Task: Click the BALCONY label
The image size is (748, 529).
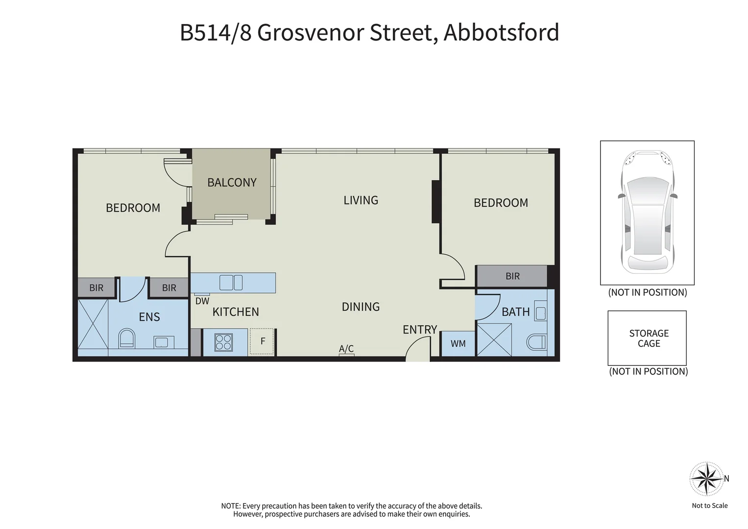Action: (x=232, y=183)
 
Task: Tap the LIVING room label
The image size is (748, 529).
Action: (x=361, y=200)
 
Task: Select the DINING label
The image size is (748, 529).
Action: (x=361, y=307)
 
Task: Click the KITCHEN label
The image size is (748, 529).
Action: (x=236, y=312)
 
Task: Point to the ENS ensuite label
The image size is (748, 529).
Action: (x=149, y=317)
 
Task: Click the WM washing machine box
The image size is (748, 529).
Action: (x=458, y=344)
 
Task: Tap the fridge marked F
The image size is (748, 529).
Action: (x=263, y=341)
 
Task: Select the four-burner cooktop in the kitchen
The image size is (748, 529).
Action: (x=223, y=342)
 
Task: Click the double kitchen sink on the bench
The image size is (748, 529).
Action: (x=231, y=283)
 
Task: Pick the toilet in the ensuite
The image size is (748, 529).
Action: (x=127, y=338)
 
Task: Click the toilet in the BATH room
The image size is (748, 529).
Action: (x=537, y=342)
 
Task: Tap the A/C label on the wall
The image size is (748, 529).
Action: (x=346, y=349)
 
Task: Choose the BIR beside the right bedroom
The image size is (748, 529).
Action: (x=512, y=276)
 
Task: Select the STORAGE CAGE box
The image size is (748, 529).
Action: (x=647, y=338)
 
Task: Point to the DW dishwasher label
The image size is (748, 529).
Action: (x=202, y=301)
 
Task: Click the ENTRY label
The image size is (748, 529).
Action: (x=420, y=330)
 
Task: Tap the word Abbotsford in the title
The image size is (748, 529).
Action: (x=501, y=33)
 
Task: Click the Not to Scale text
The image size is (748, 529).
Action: (x=709, y=505)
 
